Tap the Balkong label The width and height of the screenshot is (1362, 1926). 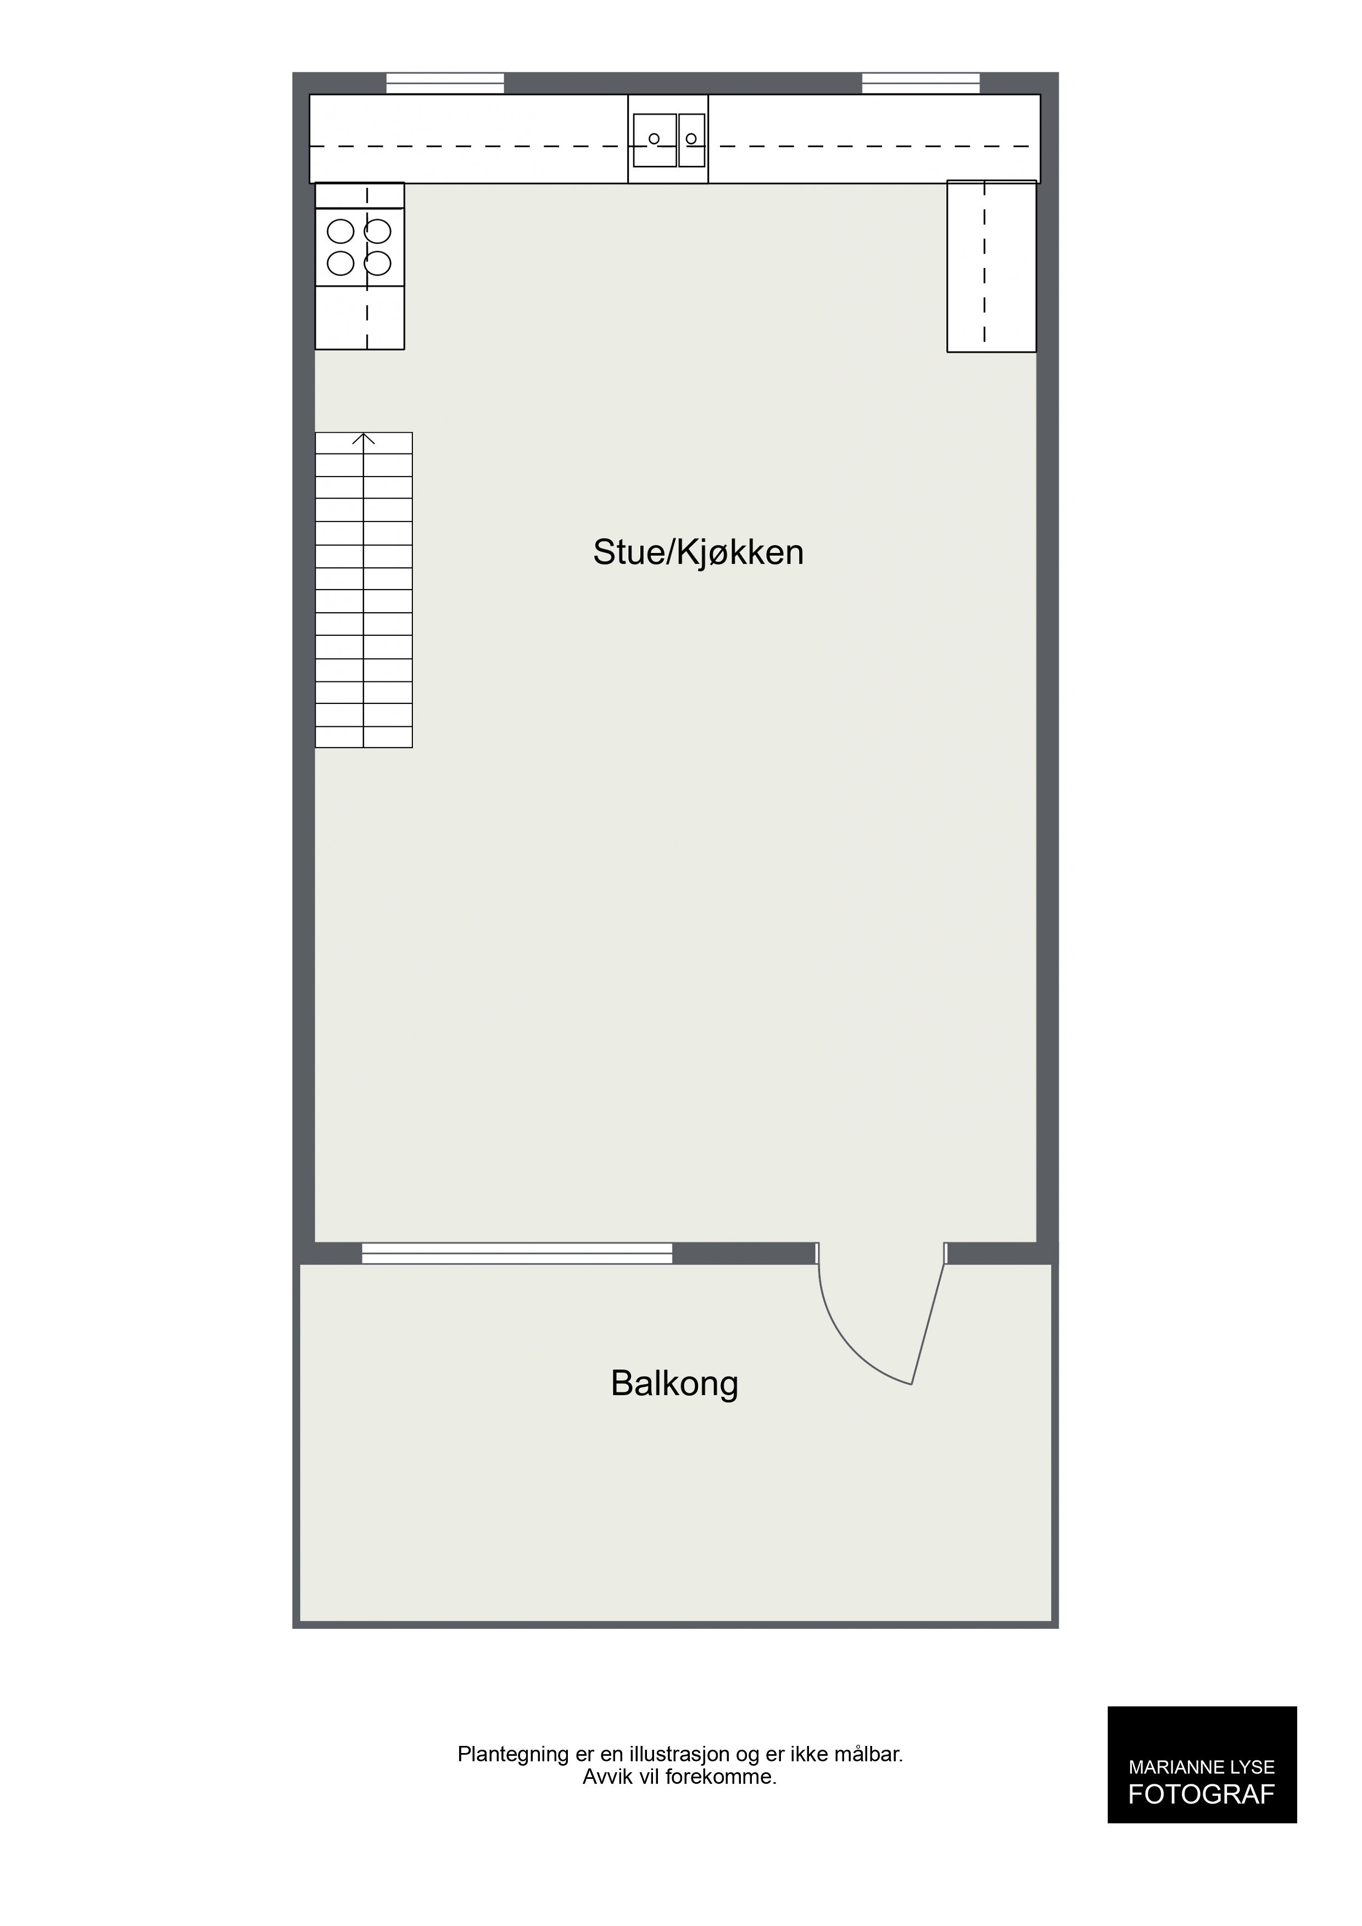pos(675,1383)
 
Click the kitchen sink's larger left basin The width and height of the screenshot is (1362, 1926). pos(655,139)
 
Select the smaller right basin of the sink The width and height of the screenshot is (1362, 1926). pos(691,139)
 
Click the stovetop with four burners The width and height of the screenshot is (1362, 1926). pos(359,247)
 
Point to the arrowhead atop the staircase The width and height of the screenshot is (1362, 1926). pos(364,438)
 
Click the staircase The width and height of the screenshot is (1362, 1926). pos(364,590)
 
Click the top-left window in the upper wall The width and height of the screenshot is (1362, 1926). pos(445,83)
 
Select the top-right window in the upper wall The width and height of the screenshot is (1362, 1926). pos(920,83)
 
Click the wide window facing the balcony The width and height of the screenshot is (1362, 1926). pos(517,1253)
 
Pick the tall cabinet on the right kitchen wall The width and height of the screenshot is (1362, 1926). pos(991,266)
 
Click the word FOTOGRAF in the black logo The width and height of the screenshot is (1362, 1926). pos(1201,1794)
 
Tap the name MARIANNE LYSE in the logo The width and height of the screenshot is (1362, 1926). pos(1201,1767)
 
